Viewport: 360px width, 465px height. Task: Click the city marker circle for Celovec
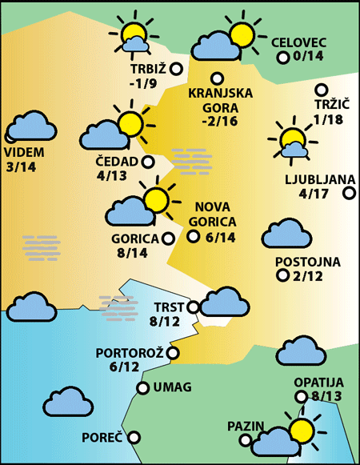(282, 58)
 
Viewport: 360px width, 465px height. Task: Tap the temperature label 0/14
(308, 57)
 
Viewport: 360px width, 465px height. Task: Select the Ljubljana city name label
(314, 178)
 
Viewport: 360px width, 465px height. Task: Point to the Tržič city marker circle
(322, 90)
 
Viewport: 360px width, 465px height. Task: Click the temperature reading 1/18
(328, 119)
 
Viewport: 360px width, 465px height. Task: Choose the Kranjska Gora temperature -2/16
(220, 122)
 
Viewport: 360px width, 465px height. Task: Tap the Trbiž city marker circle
(176, 69)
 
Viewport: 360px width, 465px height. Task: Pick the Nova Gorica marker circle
(193, 235)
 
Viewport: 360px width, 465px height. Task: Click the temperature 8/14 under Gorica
(133, 253)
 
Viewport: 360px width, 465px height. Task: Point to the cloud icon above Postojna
(286, 235)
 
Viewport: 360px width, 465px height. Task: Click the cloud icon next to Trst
(225, 303)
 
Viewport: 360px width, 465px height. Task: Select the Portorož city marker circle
(173, 352)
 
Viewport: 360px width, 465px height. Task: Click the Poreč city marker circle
(134, 437)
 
